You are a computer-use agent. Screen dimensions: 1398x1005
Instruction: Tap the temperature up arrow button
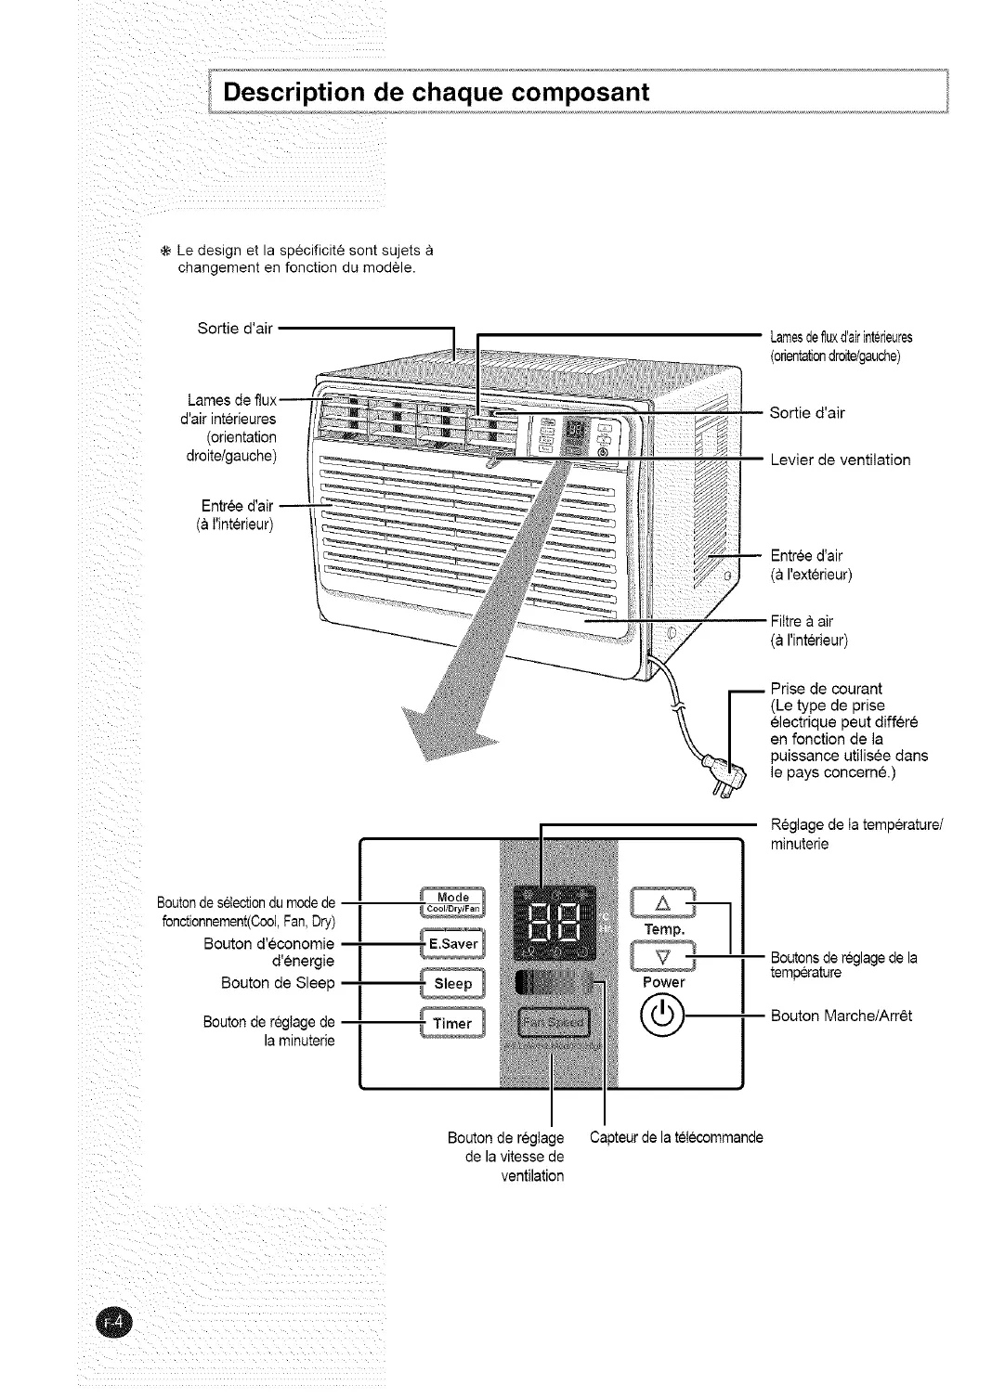[x=662, y=903]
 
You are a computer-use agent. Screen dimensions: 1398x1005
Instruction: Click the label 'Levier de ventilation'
[x=841, y=460]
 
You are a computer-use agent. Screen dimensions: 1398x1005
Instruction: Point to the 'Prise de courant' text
[x=826, y=689]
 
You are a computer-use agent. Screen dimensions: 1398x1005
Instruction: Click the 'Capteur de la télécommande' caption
[x=676, y=1138]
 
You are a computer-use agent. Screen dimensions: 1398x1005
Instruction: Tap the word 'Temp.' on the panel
[x=665, y=929]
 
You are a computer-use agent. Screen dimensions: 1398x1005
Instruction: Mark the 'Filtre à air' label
[x=808, y=622]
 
